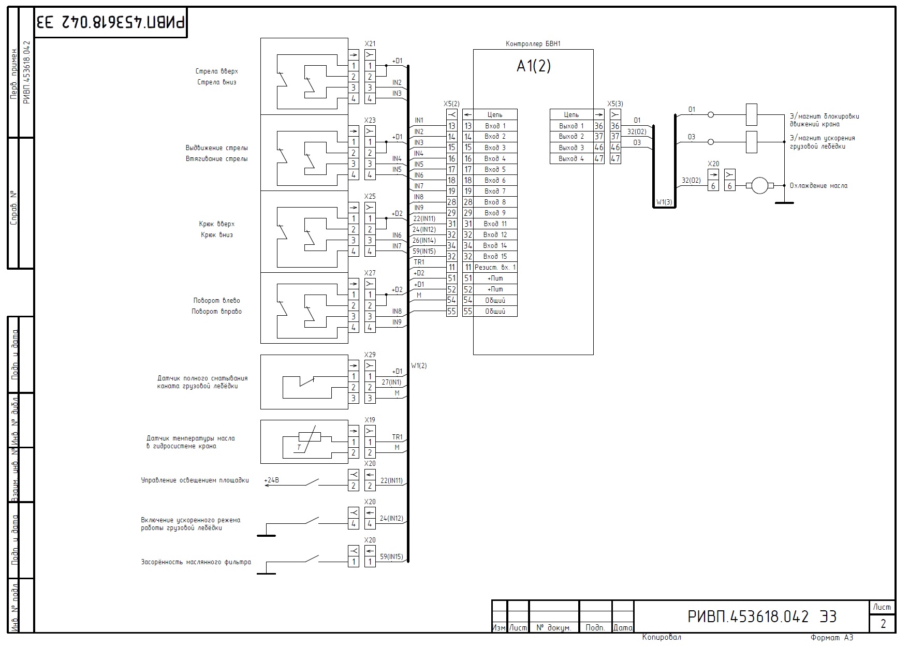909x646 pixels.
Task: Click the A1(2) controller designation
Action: pos(533,66)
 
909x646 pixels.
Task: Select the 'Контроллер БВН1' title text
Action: pos(533,44)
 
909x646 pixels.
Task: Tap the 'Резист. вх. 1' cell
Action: pos(495,268)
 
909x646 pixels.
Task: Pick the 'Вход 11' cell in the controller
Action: pos(495,224)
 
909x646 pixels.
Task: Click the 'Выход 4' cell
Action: pos(571,159)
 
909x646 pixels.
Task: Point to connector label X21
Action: pos(370,44)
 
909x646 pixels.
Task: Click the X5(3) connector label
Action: pos(615,104)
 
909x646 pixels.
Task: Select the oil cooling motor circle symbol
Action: pos(759,185)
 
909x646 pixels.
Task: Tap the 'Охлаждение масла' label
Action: pos(818,186)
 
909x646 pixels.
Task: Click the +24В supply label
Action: pos(272,480)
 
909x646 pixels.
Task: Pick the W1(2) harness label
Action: pos(419,365)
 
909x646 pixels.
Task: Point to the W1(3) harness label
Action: pos(664,202)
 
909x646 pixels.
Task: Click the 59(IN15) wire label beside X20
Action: pos(391,557)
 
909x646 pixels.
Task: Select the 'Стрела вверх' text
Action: pos(217,71)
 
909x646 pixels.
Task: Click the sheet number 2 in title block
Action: pos(883,624)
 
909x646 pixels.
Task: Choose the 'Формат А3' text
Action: pos(832,638)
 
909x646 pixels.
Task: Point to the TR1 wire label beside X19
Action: pos(397,437)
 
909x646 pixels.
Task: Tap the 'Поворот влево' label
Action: pos(216,301)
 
